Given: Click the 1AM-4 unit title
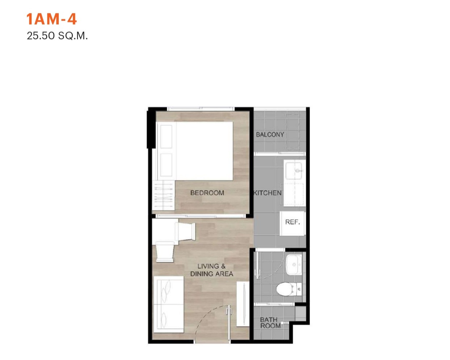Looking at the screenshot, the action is click(51, 19).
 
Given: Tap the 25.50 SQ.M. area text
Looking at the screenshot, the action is click(57, 36).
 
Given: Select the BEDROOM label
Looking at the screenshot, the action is click(207, 193).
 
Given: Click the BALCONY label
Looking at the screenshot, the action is click(270, 135).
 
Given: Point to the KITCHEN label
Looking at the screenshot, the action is click(268, 193).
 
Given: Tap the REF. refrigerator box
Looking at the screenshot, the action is click(292, 223).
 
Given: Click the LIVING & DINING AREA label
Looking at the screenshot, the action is click(212, 270).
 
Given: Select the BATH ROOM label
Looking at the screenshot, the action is click(270, 323).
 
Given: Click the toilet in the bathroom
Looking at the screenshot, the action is click(289, 289).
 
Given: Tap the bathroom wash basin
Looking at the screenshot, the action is click(294, 265).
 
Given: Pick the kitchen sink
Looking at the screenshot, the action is click(294, 171).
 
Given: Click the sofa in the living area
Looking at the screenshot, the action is click(169, 305).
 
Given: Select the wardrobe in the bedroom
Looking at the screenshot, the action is click(163, 195).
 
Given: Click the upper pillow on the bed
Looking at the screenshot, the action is click(166, 137).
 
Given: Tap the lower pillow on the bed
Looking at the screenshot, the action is click(166, 165).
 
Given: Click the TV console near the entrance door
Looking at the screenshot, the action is click(243, 303).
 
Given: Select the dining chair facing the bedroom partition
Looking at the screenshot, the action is click(185, 231).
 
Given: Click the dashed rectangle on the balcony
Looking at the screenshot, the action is click(293, 131).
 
